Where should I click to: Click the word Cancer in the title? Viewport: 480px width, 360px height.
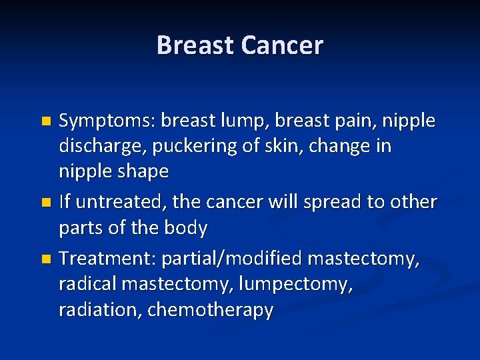(282, 45)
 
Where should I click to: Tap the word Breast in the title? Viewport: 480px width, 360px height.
(196, 45)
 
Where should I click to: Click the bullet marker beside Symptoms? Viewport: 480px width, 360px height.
(45, 122)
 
